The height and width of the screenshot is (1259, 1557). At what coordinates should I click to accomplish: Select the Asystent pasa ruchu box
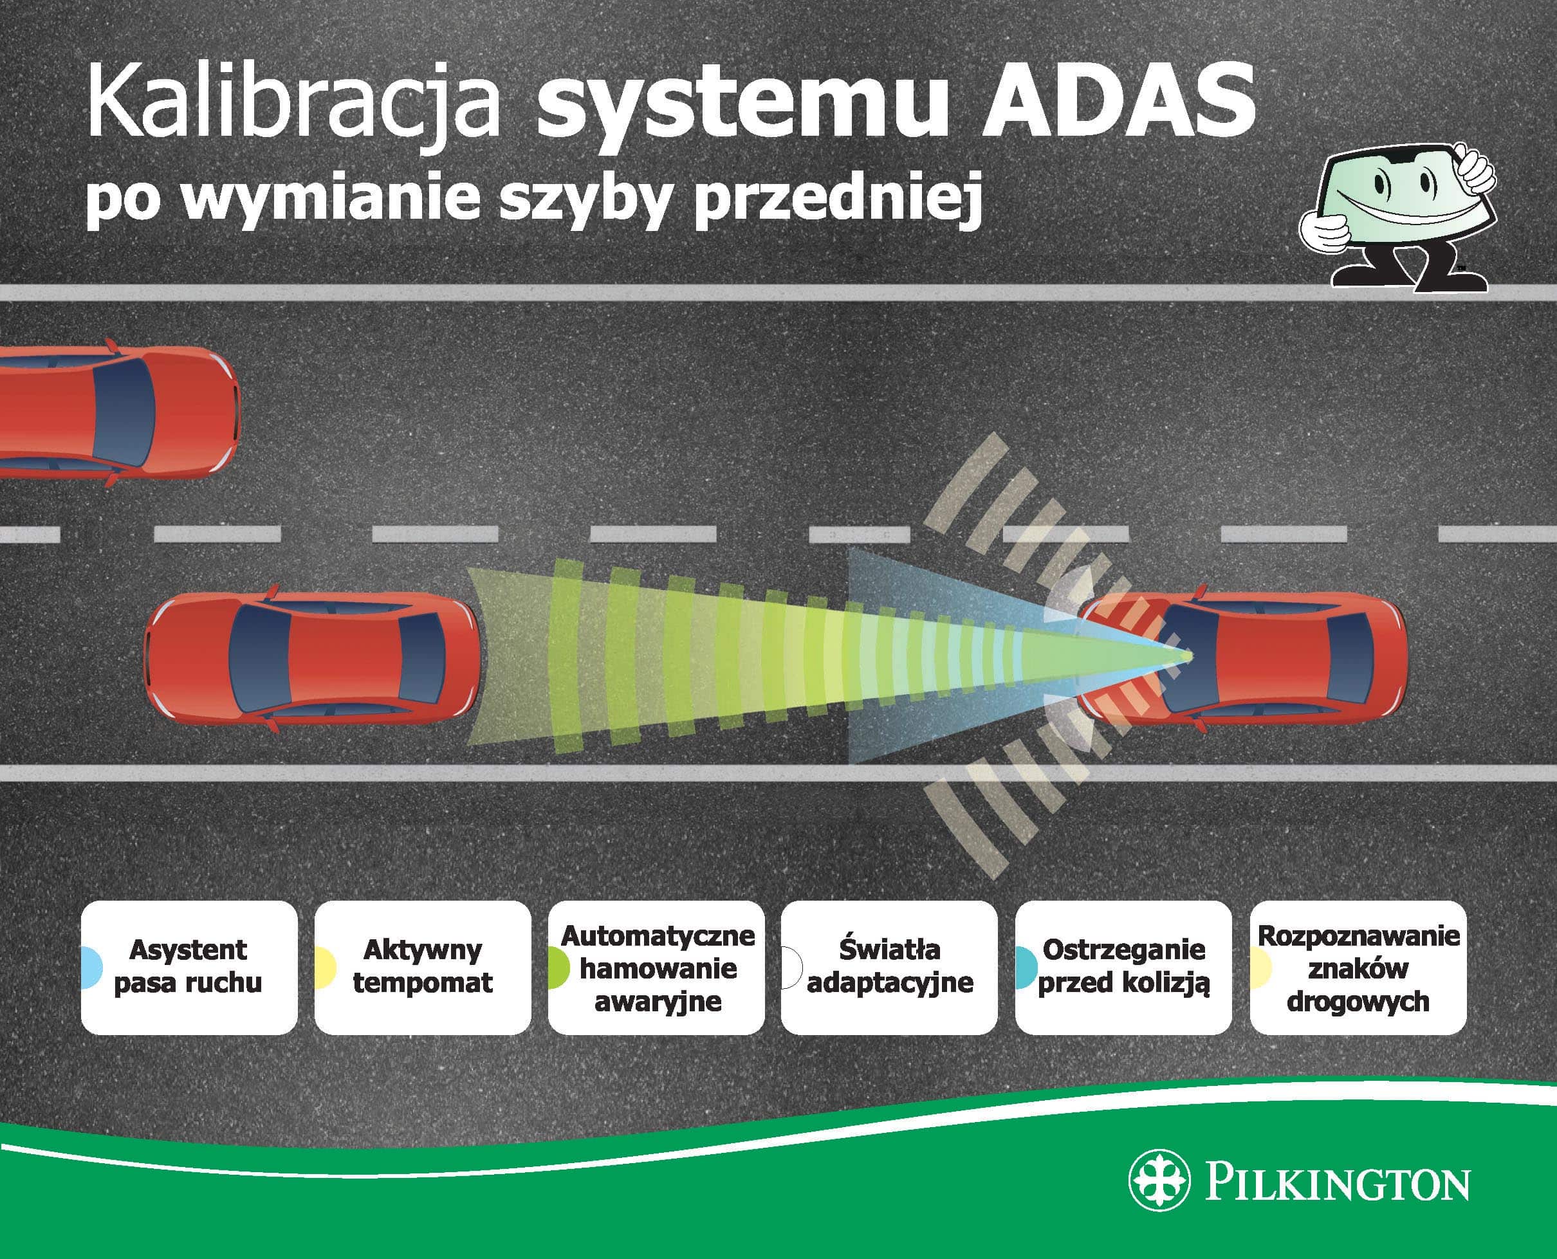point(189,967)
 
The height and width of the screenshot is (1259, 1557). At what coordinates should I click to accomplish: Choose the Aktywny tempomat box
point(423,967)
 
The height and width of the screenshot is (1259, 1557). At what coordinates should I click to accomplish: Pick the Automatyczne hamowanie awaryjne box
point(656,967)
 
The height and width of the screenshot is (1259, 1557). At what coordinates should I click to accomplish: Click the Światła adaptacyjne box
point(890,967)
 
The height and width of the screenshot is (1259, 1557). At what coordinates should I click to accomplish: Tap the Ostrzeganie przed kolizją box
point(1123,967)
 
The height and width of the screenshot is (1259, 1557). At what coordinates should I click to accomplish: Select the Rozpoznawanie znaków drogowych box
point(1358,967)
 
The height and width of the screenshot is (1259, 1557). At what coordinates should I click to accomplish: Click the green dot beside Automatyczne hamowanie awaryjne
point(558,968)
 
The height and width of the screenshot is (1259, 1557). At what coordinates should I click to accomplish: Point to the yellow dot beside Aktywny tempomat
point(326,968)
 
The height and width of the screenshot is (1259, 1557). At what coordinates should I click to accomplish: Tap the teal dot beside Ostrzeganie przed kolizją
point(1026,968)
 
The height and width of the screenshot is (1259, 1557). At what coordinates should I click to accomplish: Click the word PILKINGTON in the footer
point(1338,1183)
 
